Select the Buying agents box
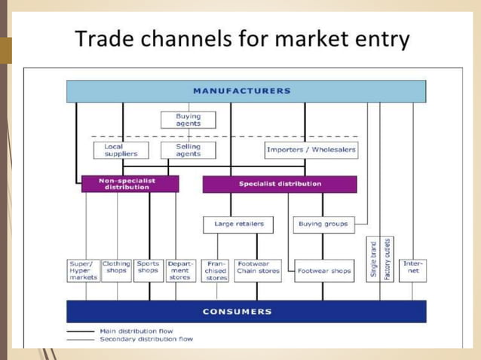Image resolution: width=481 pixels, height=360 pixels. [188, 121]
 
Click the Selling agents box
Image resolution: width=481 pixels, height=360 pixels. [188, 150]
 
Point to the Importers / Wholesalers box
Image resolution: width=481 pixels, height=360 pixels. [311, 150]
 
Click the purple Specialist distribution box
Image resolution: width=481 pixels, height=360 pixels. [280, 184]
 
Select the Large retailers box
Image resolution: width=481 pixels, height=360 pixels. [238, 224]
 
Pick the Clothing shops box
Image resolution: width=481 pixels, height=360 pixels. [116, 269]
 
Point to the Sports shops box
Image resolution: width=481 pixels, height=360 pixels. [148, 269]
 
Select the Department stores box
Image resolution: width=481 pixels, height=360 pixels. [180, 270]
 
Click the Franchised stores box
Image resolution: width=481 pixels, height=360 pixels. [216, 271]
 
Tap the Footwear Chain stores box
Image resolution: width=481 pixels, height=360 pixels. [258, 269]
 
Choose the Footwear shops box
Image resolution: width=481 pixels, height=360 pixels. [323, 271]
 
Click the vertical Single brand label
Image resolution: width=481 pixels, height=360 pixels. [373, 261]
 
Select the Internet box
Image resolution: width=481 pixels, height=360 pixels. [413, 269]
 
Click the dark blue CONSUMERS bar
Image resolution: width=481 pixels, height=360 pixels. [246, 311]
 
